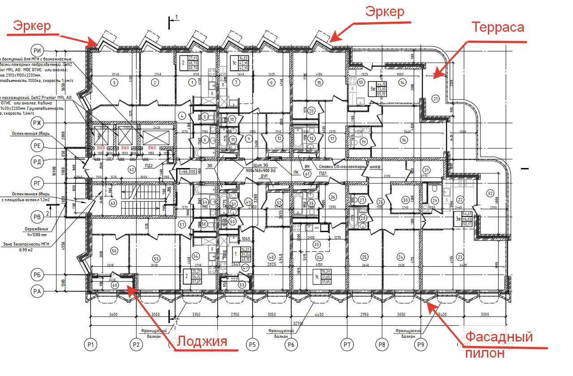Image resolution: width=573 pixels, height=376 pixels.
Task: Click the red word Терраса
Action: [497, 27]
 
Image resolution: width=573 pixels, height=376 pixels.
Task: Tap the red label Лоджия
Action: [202, 342]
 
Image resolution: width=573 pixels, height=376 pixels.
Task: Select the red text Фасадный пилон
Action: [499, 344]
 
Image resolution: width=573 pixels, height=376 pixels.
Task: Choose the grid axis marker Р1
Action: [91, 345]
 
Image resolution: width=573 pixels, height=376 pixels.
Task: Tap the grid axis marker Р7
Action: [346, 345]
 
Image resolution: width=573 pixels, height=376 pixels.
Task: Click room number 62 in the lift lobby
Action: [131, 169]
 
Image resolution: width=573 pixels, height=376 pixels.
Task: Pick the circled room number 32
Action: [490, 193]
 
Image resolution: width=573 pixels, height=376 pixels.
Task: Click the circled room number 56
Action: [114, 251]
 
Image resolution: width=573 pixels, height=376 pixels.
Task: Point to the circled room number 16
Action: [404, 140]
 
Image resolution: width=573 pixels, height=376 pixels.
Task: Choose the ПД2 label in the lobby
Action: [148, 165]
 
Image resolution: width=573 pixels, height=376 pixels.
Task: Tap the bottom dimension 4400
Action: [319, 315]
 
